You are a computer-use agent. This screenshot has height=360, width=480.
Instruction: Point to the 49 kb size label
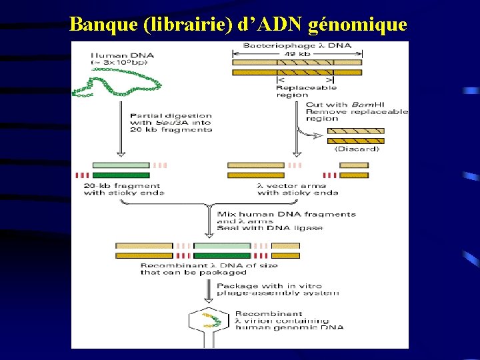pyautogui.click(x=296, y=54)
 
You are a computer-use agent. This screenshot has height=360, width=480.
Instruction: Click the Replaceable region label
pyautogui.click(x=306, y=91)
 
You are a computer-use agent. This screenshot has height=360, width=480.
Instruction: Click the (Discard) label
pyautogui.click(x=357, y=149)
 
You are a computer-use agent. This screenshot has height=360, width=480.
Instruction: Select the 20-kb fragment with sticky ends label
pyautogui.click(x=123, y=189)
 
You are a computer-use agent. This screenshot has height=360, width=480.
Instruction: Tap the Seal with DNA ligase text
pyautogui.click(x=270, y=228)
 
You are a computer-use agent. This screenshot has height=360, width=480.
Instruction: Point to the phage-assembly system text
pyautogui.click(x=277, y=293)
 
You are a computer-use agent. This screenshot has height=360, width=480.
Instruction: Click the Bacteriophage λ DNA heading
pyautogui.click(x=297, y=45)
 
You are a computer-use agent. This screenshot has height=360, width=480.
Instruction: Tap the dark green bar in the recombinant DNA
pyautogui.click(x=222, y=255)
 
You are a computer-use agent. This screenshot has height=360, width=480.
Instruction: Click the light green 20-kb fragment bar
pyautogui.click(x=121, y=165)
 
